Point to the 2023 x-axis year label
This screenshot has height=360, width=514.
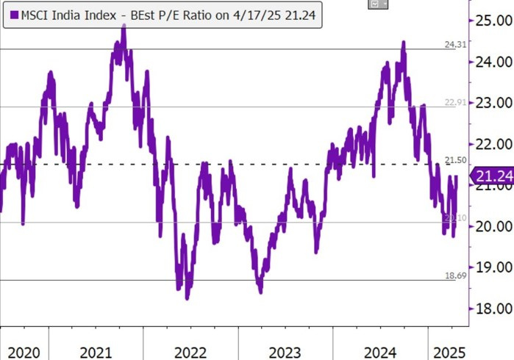pos(285,351)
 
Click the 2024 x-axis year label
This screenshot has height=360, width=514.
pos(379,351)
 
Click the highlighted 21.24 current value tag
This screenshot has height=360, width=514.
pos(492,176)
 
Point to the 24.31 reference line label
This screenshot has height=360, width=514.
pos(455,45)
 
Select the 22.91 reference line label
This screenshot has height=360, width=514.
pos(455,102)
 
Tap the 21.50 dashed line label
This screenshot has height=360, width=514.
pos(455,160)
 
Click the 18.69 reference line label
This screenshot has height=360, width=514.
pos(455,275)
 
